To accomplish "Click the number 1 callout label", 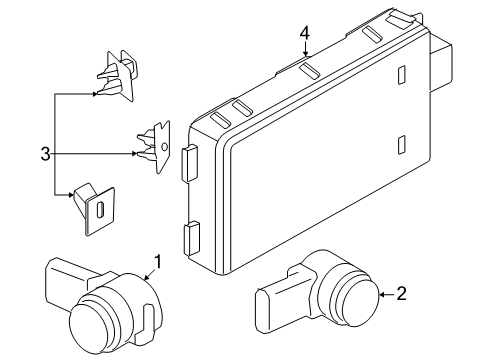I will point(157,263).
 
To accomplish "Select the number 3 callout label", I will point(44,153).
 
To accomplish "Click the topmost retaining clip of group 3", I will point(116,76).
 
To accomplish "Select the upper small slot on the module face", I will point(400,76).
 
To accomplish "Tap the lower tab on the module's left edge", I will point(188,241).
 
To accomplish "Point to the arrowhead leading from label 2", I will point(381,294).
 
